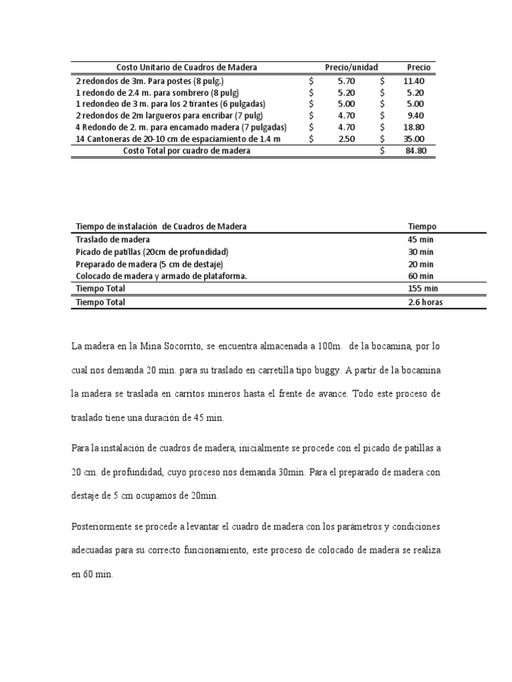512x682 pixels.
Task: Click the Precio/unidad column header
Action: (x=351, y=67)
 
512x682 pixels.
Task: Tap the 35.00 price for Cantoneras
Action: (x=413, y=139)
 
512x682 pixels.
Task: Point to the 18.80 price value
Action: (x=413, y=127)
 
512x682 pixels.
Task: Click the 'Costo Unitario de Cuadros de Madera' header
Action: (x=187, y=67)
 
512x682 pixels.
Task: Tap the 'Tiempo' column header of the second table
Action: (x=422, y=226)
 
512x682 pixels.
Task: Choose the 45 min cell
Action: (x=421, y=240)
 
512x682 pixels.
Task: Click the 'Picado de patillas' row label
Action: (x=153, y=252)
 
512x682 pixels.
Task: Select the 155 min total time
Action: (x=423, y=288)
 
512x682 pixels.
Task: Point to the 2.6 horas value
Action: (x=425, y=302)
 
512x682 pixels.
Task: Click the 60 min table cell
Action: (x=421, y=276)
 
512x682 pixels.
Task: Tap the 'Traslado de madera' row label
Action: (x=113, y=240)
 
